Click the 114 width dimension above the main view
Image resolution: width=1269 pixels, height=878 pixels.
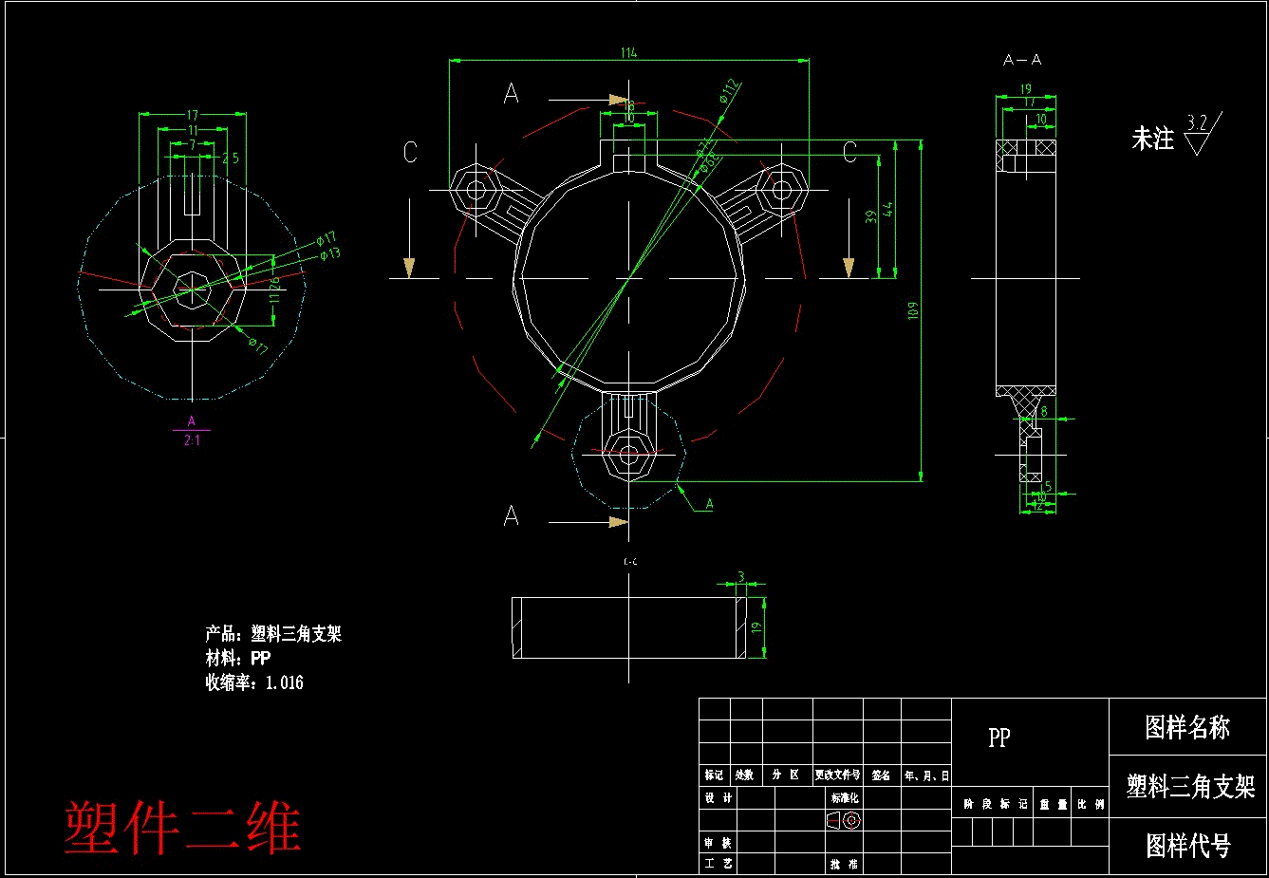[628, 53]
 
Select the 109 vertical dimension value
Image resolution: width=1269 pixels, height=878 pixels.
[913, 310]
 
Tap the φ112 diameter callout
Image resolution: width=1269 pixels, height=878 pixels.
[729, 91]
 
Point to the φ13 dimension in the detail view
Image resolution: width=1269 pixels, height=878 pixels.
[330, 253]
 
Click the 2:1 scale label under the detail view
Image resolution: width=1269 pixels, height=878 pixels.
[192, 440]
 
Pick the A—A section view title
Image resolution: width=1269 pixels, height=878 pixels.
[1022, 60]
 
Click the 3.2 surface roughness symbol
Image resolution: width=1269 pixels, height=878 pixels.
[1200, 133]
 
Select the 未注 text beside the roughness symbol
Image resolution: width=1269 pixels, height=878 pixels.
[1152, 139]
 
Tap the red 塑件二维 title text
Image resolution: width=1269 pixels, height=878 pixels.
[182, 828]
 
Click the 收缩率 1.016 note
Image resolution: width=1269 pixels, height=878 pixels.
[254, 682]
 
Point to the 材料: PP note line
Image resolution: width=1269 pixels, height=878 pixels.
[238, 658]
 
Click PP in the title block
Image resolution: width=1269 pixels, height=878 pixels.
[998, 738]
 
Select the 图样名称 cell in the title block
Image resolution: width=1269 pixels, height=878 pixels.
[1187, 728]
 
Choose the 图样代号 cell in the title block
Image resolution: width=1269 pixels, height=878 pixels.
[1187, 845]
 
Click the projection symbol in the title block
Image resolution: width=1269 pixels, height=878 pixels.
[844, 820]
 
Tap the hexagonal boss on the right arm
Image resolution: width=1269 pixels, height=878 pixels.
[780, 189]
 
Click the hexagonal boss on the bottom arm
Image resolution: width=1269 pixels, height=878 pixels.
[628, 454]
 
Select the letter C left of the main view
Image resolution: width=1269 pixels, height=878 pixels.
[410, 152]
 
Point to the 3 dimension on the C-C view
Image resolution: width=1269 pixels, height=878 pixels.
[741, 577]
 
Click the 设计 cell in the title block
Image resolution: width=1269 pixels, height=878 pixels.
[718, 798]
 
